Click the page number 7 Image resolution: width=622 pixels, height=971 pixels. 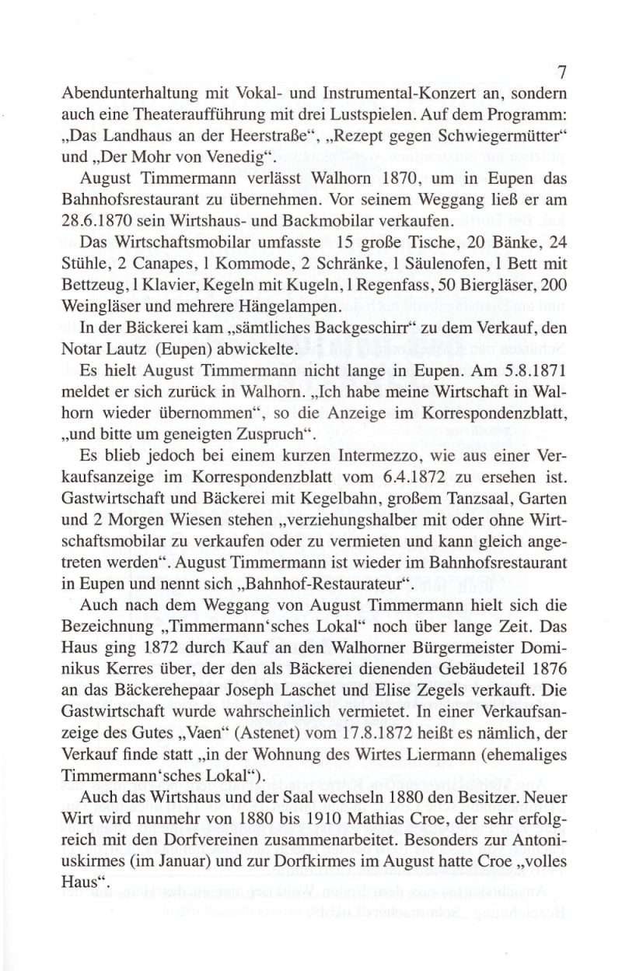561,72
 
